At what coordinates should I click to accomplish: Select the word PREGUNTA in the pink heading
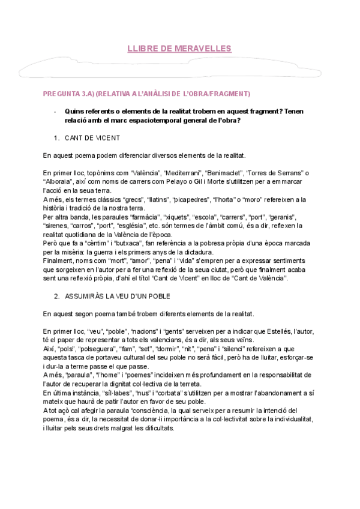click(61, 94)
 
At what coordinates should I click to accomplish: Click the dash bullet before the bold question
click(55, 111)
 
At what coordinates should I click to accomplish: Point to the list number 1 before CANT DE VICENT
click(56, 138)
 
